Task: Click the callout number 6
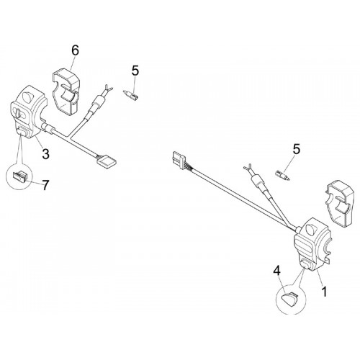click(75, 50)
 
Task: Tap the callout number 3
click(45, 154)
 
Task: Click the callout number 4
click(276, 271)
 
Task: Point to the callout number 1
click(324, 292)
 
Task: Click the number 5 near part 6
click(135, 71)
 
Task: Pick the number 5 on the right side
click(297, 149)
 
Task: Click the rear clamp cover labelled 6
click(66, 92)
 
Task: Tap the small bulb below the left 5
click(131, 94)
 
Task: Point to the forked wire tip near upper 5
click(107, 89)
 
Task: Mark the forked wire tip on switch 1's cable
click(248, 167)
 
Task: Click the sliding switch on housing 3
click(19, 112)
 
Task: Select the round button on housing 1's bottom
click(305, 265)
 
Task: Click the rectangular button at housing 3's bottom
click(21, 132)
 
